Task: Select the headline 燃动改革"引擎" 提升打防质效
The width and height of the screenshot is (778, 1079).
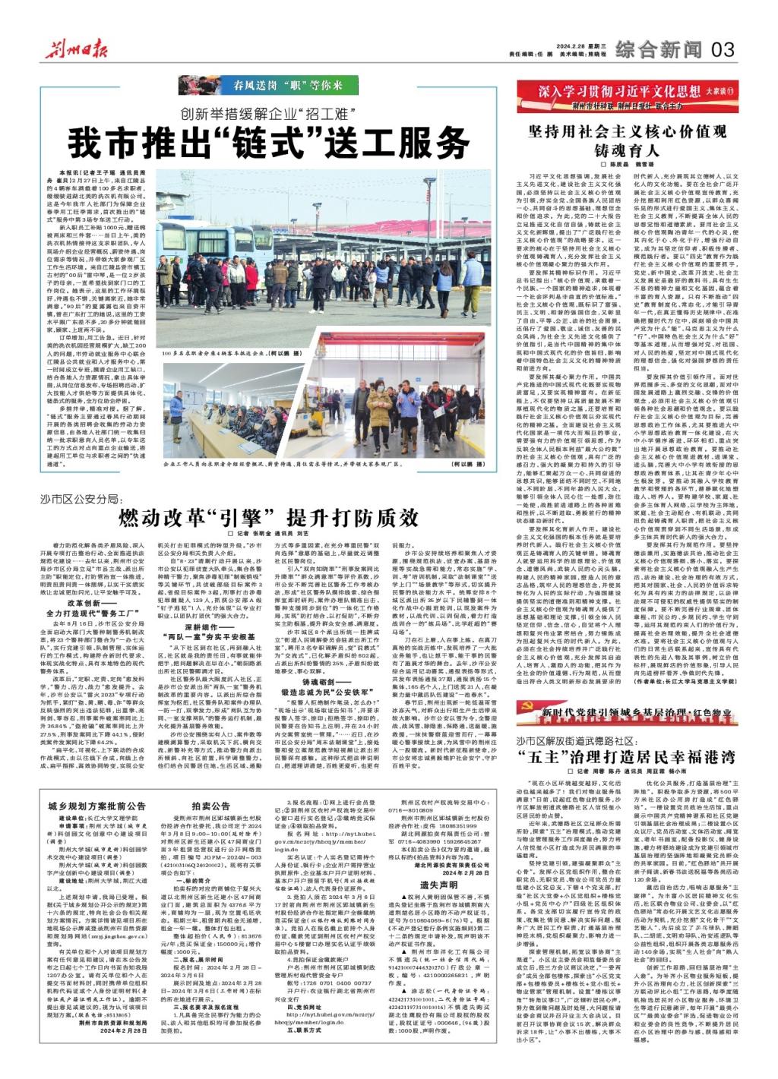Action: pos(268,519)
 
